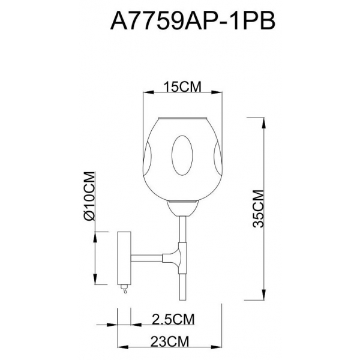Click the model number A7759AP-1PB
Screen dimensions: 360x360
point(193,22)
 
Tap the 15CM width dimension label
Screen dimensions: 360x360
point(181,88)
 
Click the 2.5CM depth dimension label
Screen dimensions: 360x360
point(169,317)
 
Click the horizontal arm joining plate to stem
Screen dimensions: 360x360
point(150,258)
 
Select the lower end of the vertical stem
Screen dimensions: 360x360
point(181,297)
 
